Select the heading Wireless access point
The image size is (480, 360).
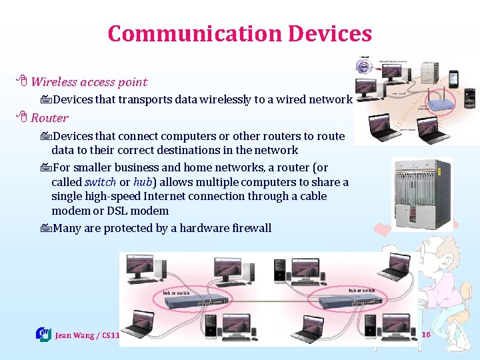pyautogui.click(x=89, y=82)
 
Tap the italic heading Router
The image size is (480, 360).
pyautogui.click(x=49, y=118)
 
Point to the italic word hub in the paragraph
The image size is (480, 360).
pyautogui.click(x=144, y=182)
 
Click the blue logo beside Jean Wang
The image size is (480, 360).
pyautogui.click(x=43, y=333)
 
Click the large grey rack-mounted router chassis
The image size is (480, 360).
pyautogui.click(x=422, y=194)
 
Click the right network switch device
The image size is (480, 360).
pyautogui.click(x=349, y=302)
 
